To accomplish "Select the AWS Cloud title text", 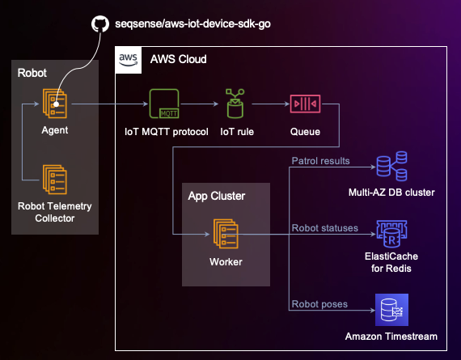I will [x=178, y=60].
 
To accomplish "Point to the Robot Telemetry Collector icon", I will [x=55, y=177].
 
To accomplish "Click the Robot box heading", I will [x=33, y=73].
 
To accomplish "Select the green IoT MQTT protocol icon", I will [x=165, y=105].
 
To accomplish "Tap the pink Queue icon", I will [x=305, y=105].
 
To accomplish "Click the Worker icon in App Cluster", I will [x=226, y=235].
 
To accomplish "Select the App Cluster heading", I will [x=216, y=196].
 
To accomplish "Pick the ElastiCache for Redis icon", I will [x=391, y=235].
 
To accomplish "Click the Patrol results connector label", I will [x=320, y=161].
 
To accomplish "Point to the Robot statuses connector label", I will [x=324, y=228].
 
